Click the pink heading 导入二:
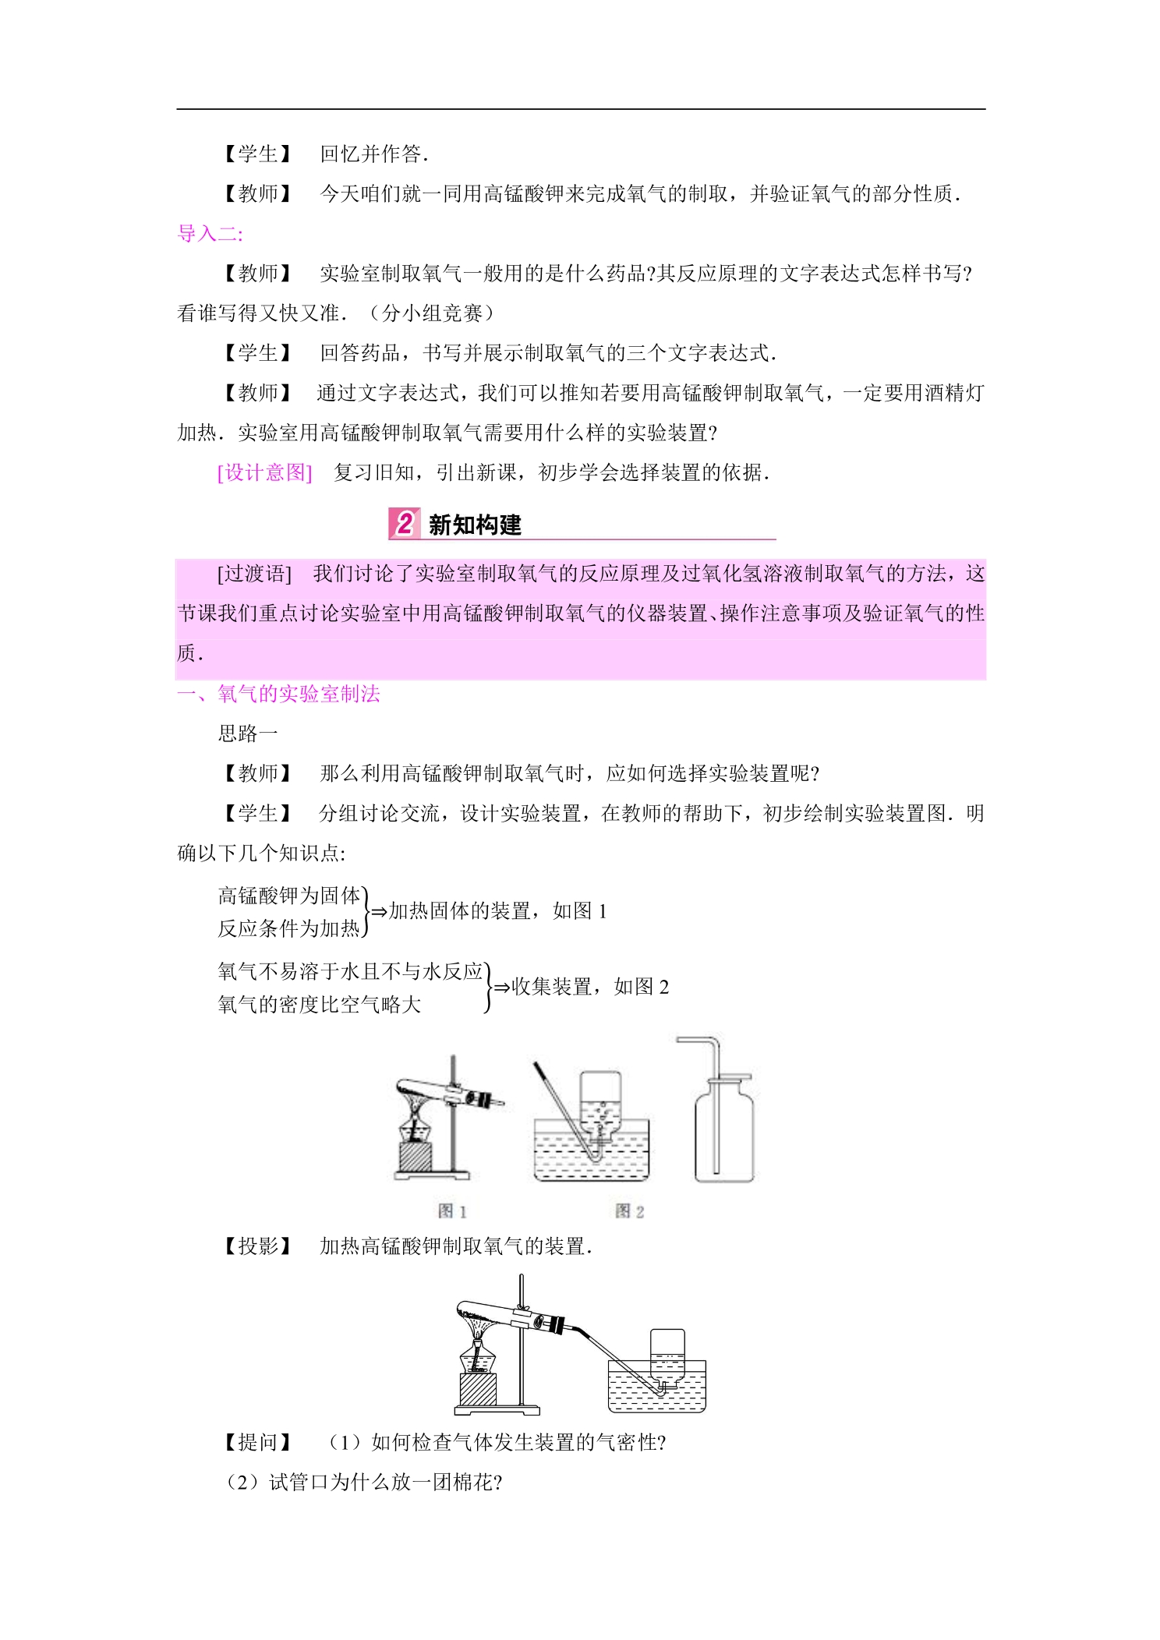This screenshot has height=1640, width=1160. [x=210, y=234]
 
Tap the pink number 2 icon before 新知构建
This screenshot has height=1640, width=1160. [x=404, y=523]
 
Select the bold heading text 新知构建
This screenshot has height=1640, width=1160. [x=475, y=525]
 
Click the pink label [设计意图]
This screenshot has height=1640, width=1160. [x=264, y=472]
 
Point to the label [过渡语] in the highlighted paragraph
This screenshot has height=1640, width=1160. [x=254, y=574]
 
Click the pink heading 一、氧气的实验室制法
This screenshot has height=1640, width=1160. [x=278, y=694]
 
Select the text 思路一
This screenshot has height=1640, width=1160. [x=248, y=733]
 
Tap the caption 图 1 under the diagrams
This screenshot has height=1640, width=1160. [x=452, y=1211]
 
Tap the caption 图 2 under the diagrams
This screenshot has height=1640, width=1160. [x=629, y=1211]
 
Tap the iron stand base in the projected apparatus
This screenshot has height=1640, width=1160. [x=497, y=1409]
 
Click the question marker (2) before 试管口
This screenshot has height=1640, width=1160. [x=242, y=1482]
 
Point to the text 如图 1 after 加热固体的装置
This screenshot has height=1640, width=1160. [x=580, y=911]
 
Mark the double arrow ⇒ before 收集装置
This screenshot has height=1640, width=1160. [x=502, y=988]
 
